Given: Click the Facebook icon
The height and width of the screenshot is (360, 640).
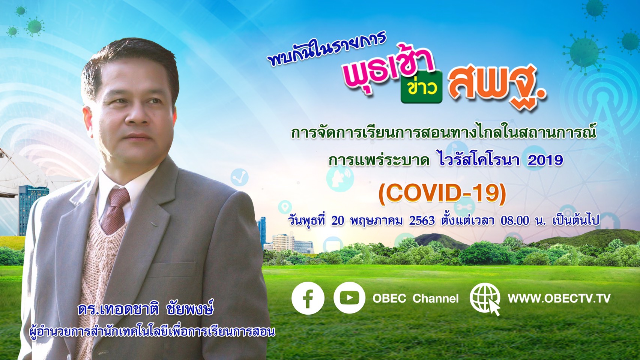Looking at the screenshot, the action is click(x=308, y=298).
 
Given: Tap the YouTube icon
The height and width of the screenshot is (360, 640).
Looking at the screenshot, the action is click(x=349, y=298).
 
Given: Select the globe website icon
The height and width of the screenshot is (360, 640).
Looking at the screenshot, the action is click(x=485, y=299).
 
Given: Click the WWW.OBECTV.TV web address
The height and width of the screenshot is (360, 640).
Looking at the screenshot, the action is click(x=559, y=298).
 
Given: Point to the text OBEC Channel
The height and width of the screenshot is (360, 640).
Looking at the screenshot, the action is click(x=415, y=298).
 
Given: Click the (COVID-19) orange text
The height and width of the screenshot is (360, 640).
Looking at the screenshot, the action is click(x=442, y=194).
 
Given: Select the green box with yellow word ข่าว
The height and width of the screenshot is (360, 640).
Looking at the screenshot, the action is click(x=421, y=87).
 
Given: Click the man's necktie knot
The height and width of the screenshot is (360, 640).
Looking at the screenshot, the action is click(x=119, y=197).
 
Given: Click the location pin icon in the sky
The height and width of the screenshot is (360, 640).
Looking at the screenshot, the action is click(x=285, y=207).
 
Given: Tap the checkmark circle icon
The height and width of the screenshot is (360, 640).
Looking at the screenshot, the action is click(x=239, y=177).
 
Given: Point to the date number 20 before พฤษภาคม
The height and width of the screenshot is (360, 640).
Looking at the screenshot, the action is click(x=338, y=221).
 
